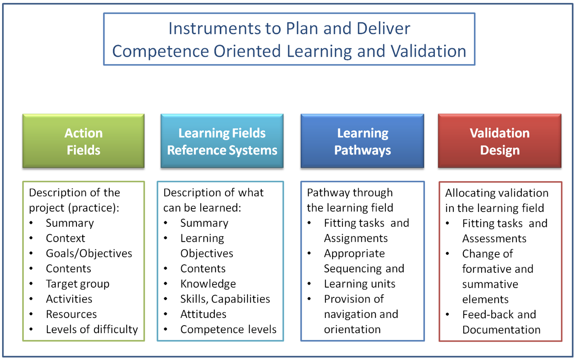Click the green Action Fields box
pos(83,141)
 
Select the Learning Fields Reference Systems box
pos(222,141)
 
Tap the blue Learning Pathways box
pos(362,141)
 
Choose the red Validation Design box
pos(499,141)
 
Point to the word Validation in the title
pos(428,51)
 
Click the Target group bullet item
pos(78,284)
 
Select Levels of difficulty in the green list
pos(92,329)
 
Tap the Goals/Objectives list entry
pos(89,254)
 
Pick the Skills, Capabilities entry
pos(225,299)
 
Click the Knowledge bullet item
pos(208,284)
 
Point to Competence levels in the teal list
pos(228,329)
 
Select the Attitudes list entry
pos(203,314)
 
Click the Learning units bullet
pos(359,284)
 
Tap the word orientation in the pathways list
pos(352,329)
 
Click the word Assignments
pos(356,238)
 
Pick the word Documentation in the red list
pos(501,330)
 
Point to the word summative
pos(490,284)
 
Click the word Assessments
pos(494,239)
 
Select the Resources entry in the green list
pos(71,314)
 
